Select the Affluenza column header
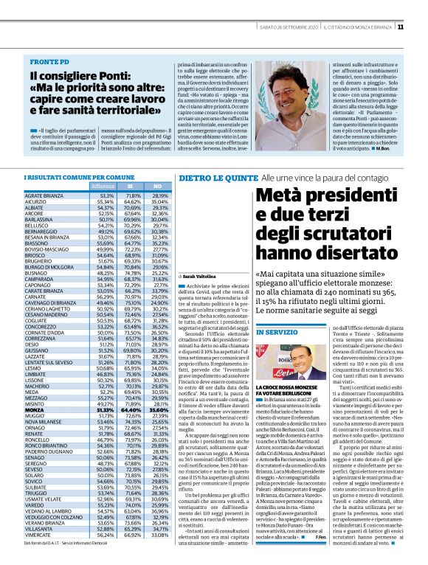[103, 187]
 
